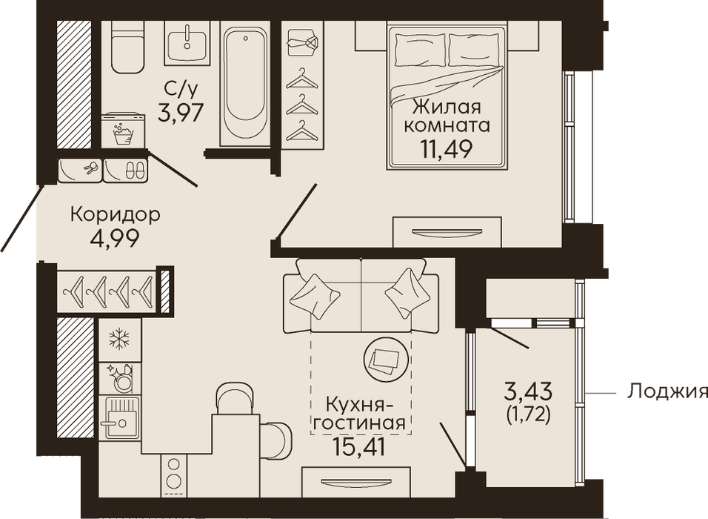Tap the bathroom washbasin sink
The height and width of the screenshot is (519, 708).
(x=187, y=42)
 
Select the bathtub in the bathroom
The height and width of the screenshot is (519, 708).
(x=245, y=83)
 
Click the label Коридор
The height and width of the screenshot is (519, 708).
(x=115, y=214)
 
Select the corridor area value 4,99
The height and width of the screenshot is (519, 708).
(x=115, y=238)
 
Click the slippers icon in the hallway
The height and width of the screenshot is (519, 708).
(x=135, y=171)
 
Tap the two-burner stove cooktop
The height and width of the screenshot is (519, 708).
(x=173, y=472)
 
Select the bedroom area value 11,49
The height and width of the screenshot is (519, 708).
(x=447, y=149)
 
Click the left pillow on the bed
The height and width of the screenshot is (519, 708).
(x=421, y=50)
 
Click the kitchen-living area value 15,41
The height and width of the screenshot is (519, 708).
(x=359, y=446)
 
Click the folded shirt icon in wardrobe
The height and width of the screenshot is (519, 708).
(x=302, y=42)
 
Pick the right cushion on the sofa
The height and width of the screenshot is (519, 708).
(x=408, y=293)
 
